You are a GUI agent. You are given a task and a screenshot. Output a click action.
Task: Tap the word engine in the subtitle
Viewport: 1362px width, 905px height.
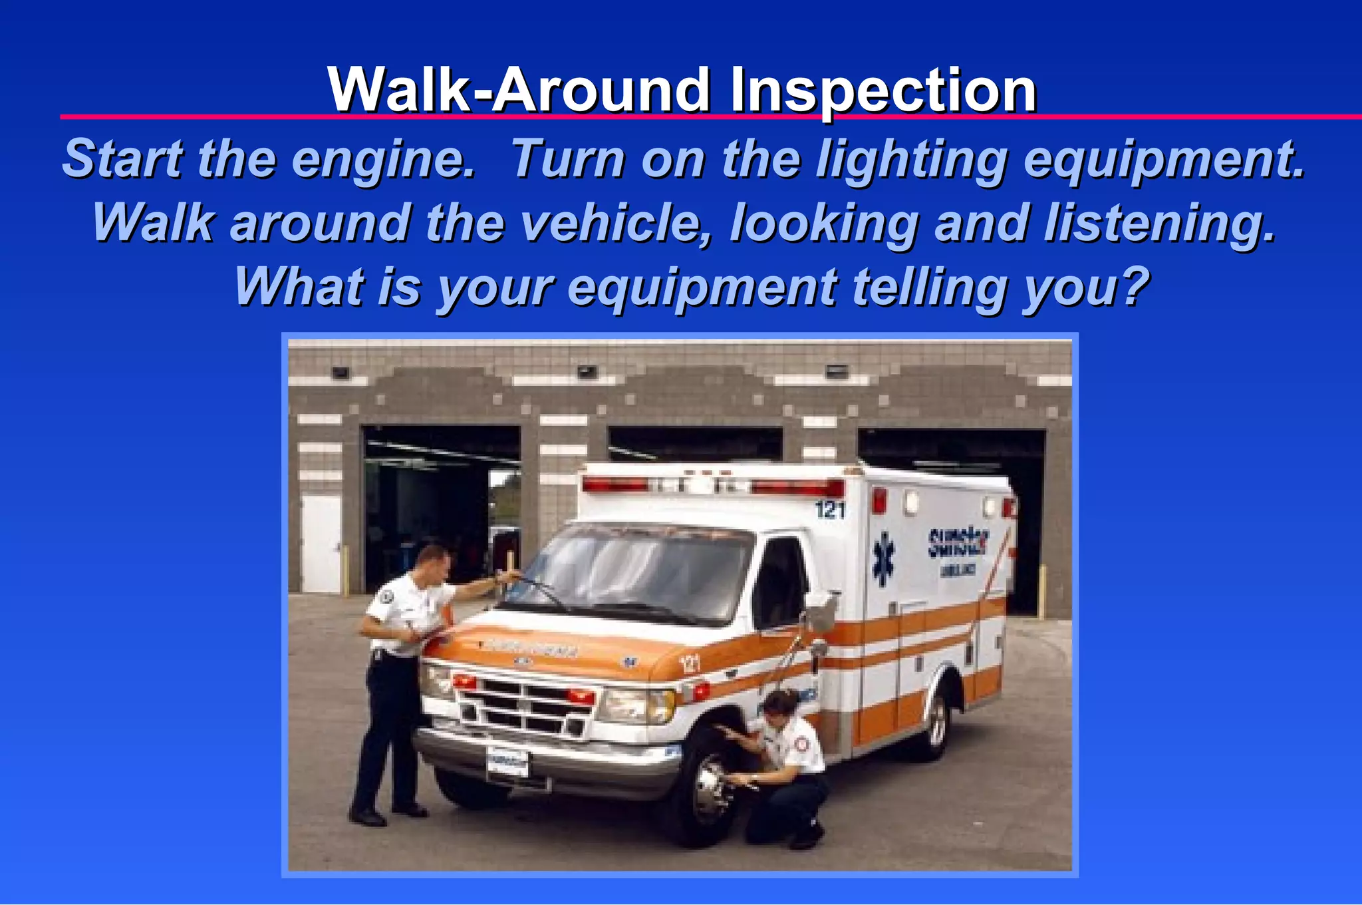point(383,160)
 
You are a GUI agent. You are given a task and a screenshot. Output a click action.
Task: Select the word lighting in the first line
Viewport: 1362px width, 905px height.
point(911,160)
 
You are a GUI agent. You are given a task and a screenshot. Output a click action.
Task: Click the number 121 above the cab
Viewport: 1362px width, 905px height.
point(829,510)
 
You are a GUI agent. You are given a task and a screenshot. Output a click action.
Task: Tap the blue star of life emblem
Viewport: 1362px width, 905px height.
point(883,558)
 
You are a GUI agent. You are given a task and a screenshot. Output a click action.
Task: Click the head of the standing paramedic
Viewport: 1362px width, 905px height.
point(433,562)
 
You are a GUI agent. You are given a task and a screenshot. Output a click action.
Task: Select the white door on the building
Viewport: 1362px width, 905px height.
point(321,543)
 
